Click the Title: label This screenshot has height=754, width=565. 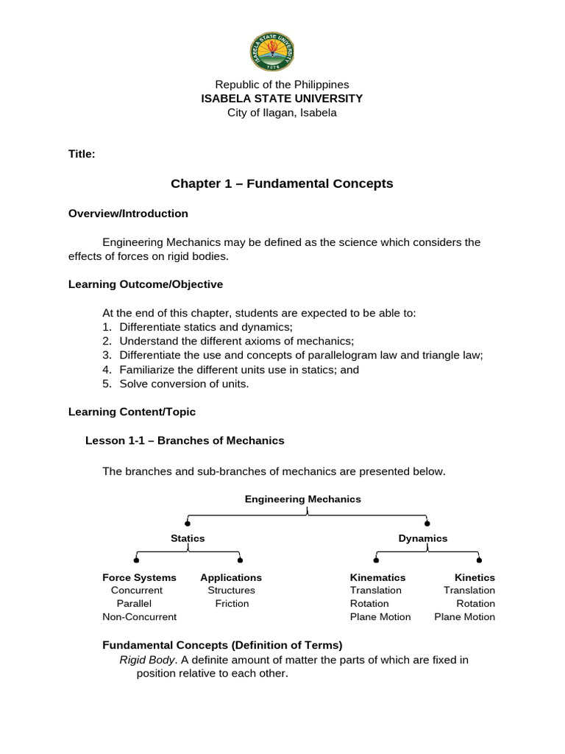pos(82,154)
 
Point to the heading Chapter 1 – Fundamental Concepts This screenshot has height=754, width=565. pos(282,183)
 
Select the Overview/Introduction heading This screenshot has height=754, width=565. pos(128,214)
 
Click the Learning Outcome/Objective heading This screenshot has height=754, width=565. pos(146,284)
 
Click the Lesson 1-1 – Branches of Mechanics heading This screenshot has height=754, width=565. pos(185,440)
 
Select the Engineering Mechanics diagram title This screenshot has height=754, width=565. pos(303,499)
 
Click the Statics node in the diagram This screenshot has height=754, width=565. pos(188,538)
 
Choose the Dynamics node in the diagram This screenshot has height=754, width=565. pos(423,538)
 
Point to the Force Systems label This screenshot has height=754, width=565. pos(139,577)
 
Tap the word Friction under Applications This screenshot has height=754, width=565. pos(232,604)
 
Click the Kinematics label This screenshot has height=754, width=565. pos(377,577)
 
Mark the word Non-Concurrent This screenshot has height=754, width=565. pos(140,617)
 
